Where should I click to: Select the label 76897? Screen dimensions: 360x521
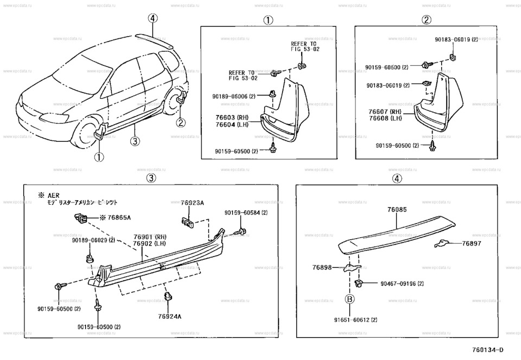click(472, 244)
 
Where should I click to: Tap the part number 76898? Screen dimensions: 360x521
click(322, 267)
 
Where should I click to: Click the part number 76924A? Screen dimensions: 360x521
click(170, 316)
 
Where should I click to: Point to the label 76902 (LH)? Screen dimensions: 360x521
click(150, 244)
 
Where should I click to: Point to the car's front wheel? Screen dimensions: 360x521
click(86, 134)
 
